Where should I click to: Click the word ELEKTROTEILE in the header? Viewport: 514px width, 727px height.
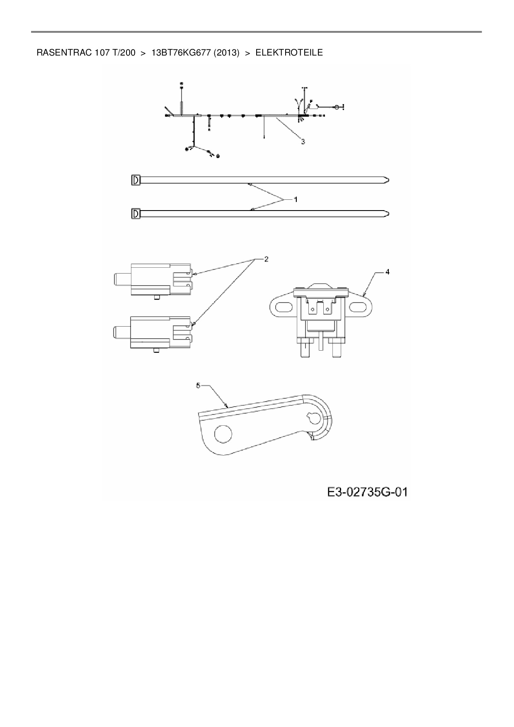coord(289,53)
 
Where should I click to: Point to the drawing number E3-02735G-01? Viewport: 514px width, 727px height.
coord(367,492)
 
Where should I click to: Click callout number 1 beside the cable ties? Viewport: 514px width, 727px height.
coord(296,199)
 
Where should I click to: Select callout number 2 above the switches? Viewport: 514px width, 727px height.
coord(266,259)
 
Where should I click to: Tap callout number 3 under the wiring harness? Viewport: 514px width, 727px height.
coord(303,142)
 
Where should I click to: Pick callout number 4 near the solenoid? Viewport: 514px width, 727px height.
coord(387,272)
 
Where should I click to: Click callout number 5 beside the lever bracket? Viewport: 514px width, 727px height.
coord(198,385)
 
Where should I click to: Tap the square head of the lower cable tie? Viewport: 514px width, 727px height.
coord(136,214)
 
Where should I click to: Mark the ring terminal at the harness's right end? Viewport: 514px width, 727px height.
coord(337,107)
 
